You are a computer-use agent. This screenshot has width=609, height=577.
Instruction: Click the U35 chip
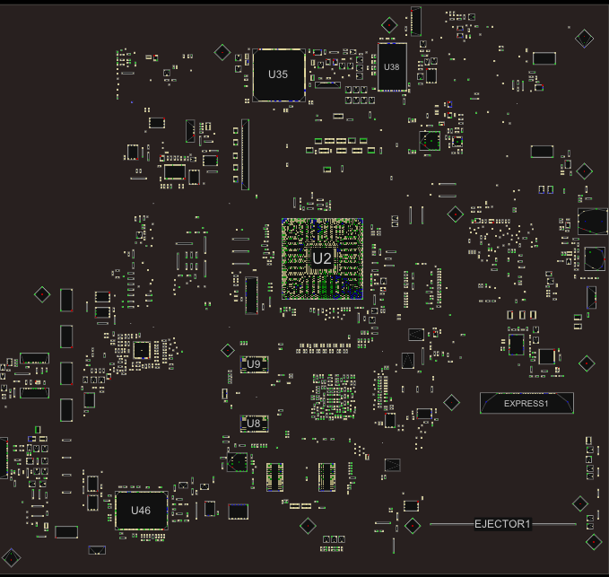pos(278,74)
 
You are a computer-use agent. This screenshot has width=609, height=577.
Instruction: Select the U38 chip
pos(392,66)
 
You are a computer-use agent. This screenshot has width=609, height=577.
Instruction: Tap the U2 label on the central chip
pos(322,258)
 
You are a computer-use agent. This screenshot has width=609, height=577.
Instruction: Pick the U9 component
pos(254,364)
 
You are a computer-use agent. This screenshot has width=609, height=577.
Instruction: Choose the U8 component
pos(254,424)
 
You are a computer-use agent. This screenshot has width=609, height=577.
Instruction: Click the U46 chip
pos(142,511)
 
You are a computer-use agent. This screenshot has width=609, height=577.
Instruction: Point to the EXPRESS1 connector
pos(526,403)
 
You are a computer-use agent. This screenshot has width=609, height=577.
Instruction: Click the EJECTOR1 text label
pos(502,524)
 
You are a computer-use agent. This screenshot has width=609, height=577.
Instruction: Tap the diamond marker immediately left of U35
pos(222,52)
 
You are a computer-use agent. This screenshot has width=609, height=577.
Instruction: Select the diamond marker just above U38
pos(389,25)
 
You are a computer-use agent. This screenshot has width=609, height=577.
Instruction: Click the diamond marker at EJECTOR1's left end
pos(413,526)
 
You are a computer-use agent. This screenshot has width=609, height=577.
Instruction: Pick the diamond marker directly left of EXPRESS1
pos(452,403)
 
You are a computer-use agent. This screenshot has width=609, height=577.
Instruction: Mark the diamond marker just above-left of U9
pos(228,351)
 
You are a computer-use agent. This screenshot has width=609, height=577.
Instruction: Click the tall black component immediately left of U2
pos(251,295)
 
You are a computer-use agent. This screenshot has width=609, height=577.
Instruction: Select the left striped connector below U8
pos(274,476)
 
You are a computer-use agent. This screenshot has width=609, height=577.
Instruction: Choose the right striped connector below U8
pos(326,476)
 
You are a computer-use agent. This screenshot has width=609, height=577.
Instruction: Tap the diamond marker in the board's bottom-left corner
pos(12,557)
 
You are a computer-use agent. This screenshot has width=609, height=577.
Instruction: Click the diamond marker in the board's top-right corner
pos(584,39)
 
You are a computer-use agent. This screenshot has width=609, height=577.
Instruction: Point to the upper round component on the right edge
pos(593,222)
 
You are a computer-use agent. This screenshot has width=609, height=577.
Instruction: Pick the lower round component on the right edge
pos(595,259)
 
